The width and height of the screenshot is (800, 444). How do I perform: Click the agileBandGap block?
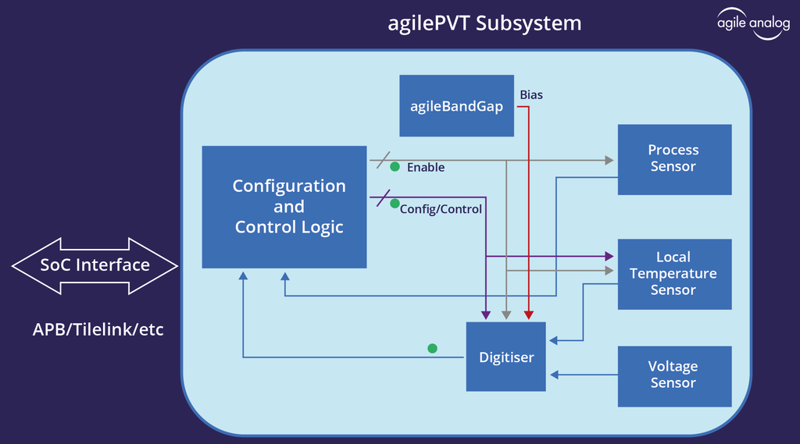tap(456, 106)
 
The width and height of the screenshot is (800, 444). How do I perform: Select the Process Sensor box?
tap(674, 159)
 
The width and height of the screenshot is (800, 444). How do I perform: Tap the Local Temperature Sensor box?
tap(674, 273)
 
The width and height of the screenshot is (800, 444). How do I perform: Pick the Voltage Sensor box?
tap(674, 375)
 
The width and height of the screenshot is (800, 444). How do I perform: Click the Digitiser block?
tap(506, 357)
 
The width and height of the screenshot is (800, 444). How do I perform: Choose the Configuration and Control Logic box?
tap(284, 207)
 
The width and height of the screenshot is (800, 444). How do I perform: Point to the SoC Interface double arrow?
tap(95, 265)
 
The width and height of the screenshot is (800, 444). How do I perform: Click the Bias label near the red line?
tap(531, 95)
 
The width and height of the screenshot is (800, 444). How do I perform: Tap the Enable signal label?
tap(426, 167)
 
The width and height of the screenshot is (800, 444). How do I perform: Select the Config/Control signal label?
tap(441, 209)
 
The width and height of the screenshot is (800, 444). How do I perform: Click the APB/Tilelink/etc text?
tap(98, 329)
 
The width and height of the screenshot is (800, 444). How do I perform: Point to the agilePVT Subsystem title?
tap(484, 23)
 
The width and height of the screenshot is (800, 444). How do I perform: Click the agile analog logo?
tap(753, 23)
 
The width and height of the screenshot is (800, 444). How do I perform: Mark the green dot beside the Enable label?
tap(395, 166)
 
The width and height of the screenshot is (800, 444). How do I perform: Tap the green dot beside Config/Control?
tap(395, 204)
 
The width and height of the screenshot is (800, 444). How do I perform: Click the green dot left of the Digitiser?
tap(432, 348)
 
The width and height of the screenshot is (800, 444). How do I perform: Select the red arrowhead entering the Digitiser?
tap(529, 315)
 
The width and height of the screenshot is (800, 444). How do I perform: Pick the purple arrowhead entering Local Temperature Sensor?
tap(609, 255)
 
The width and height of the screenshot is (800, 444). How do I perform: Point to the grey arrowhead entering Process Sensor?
tap(609, 161)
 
